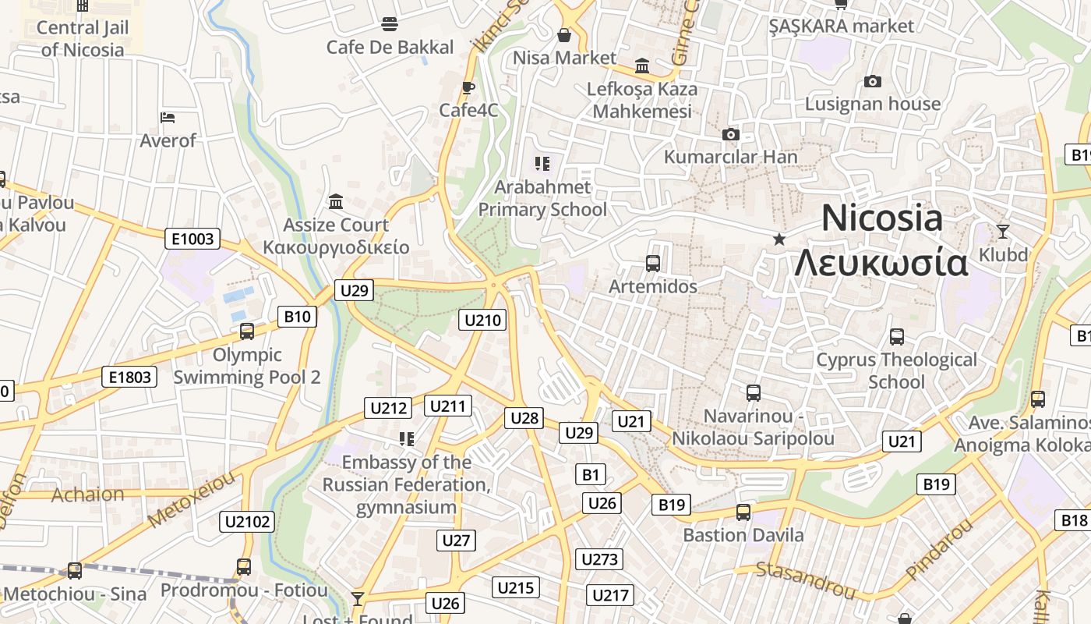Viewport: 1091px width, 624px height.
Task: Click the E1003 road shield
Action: (x=192, y=239)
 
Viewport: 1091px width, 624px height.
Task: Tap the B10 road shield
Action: (x=297, y=316)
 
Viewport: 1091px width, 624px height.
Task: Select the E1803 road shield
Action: (x=129, y=378)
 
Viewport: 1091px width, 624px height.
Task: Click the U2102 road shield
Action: (x=247, y=522)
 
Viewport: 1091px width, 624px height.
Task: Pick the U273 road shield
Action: (x=599, y=559)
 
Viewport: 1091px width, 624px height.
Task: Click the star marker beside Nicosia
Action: (x=779, y=239)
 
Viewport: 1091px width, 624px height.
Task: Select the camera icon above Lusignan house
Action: (x=873, y=81)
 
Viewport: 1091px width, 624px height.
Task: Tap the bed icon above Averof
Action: (x=168, y=118)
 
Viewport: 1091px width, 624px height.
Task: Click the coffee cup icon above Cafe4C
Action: (x=468, y=87)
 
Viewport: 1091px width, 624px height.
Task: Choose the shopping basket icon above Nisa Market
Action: (x=564, y=35)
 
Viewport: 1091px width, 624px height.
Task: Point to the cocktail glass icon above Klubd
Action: (x=1002, y=231)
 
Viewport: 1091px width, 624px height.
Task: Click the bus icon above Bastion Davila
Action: (x=743, y=512)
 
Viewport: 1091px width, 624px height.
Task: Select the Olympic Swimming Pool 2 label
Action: (x=246, y=366)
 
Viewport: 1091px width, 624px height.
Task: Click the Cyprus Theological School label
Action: (x=896, y=370)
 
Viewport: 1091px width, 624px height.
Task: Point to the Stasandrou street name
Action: (x=807, y=581)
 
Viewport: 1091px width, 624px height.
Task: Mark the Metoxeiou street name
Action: (x=190, y=500)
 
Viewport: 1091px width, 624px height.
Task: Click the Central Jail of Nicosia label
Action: (x=83, y=38)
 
